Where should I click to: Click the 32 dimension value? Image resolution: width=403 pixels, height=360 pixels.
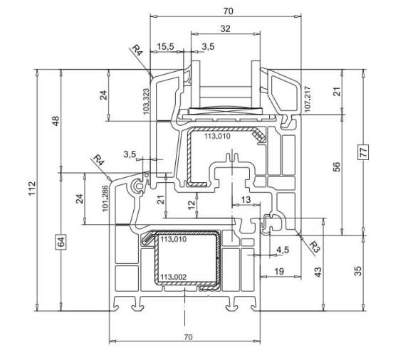(x=225, y=28)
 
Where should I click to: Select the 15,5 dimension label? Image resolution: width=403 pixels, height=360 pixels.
(x=165, y=47)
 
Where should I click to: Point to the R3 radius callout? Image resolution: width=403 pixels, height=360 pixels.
(x=314, y=246)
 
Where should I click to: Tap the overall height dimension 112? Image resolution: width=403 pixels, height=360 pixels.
(x=31, y=189)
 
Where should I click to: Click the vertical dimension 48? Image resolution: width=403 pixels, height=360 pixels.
(x=56, y=121)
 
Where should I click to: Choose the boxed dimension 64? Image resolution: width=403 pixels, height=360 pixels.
(x=61, y=242)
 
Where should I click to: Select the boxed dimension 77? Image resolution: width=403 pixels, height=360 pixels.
(x=363, y=152)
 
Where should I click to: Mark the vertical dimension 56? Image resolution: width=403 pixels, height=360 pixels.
(x=337, y=166)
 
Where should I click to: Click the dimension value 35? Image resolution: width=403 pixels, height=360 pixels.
(x=357, y=271)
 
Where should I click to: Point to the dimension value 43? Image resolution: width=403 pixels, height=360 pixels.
(x=318, y=272)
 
